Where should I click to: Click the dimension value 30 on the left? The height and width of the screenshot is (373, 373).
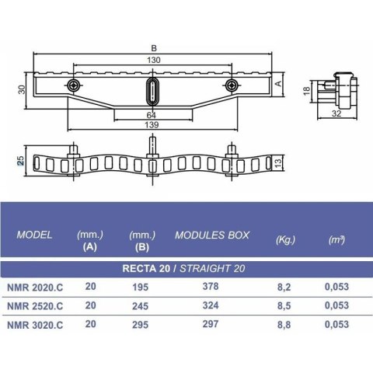(23, 90)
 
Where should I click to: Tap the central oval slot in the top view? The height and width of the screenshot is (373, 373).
(151, 90)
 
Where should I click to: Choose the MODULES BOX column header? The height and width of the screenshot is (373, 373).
(207, 234)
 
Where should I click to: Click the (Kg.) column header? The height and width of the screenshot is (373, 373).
(285, 239)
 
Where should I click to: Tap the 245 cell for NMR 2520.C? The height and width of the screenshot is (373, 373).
(141, 307)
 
